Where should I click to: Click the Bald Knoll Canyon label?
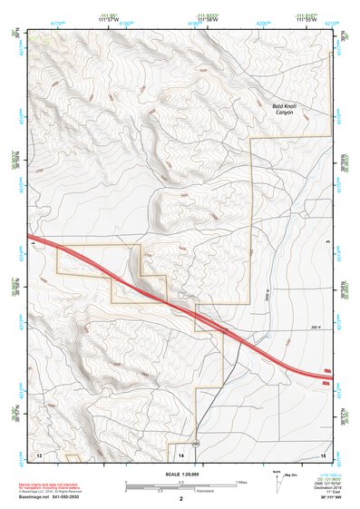pos(290,111)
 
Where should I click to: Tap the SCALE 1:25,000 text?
pos(180,474)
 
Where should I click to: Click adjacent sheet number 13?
pos(38,452)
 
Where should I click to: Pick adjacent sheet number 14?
pos(181,452)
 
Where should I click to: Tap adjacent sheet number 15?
pos(323,452)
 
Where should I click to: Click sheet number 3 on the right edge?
pos(326,242)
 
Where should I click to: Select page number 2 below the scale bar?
pos(180,499)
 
